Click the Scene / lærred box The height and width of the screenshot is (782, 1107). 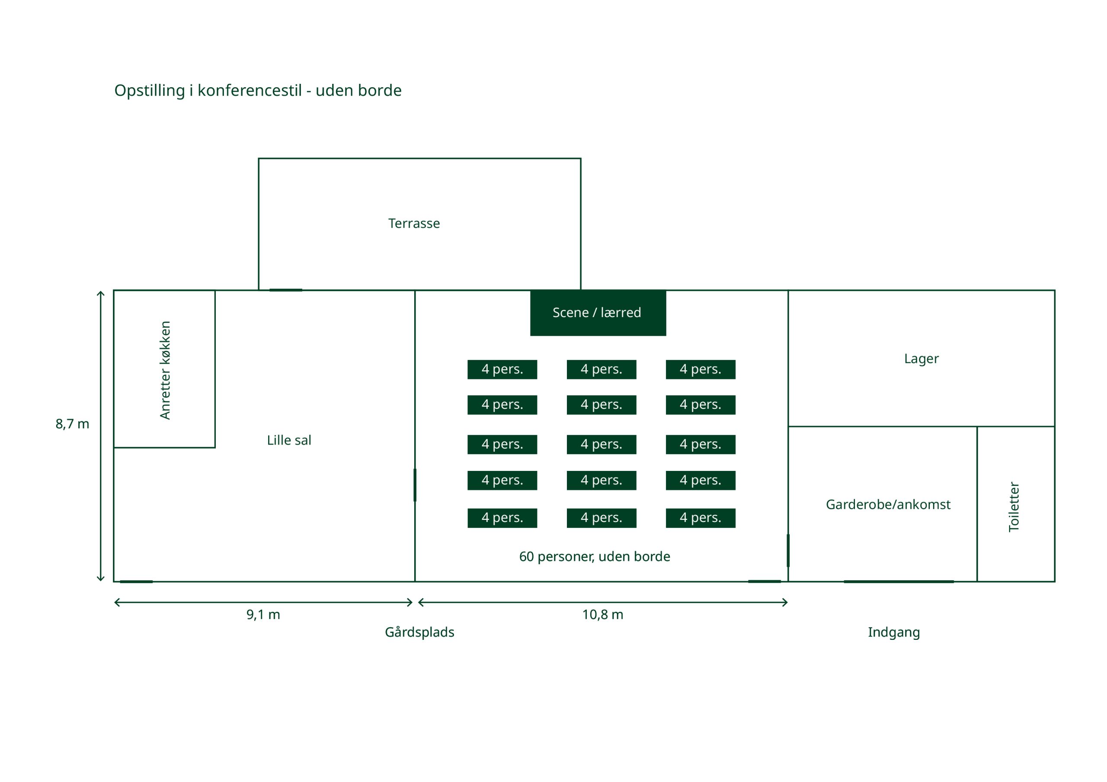click(598, 313)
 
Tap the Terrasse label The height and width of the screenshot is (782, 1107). click(414, 223)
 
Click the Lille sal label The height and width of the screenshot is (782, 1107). click(289, 440)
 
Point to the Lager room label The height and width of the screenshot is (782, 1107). click(921, 359)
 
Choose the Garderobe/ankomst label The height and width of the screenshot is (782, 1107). click(888, 505)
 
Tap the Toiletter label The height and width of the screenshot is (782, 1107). click(1014, 506)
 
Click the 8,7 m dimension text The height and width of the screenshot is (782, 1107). click(72, 424)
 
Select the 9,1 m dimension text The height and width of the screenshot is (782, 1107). click(263, 615)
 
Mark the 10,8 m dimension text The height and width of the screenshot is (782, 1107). click(602, 615)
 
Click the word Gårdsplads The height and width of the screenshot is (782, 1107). click(419, 632)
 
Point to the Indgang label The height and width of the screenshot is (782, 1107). click(893, 632)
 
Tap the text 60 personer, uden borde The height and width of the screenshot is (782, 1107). click(594, 556)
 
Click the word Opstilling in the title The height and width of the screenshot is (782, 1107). click(150, 91)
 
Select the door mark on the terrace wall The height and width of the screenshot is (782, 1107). click(285, 290)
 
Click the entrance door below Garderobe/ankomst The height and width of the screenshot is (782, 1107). click(898, 582)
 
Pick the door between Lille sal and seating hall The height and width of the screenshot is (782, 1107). click(415, 485)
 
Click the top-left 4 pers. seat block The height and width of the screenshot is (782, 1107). click(502, 369)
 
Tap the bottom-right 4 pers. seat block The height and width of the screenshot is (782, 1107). click(700, 518)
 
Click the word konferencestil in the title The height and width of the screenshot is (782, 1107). click(249, 91)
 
